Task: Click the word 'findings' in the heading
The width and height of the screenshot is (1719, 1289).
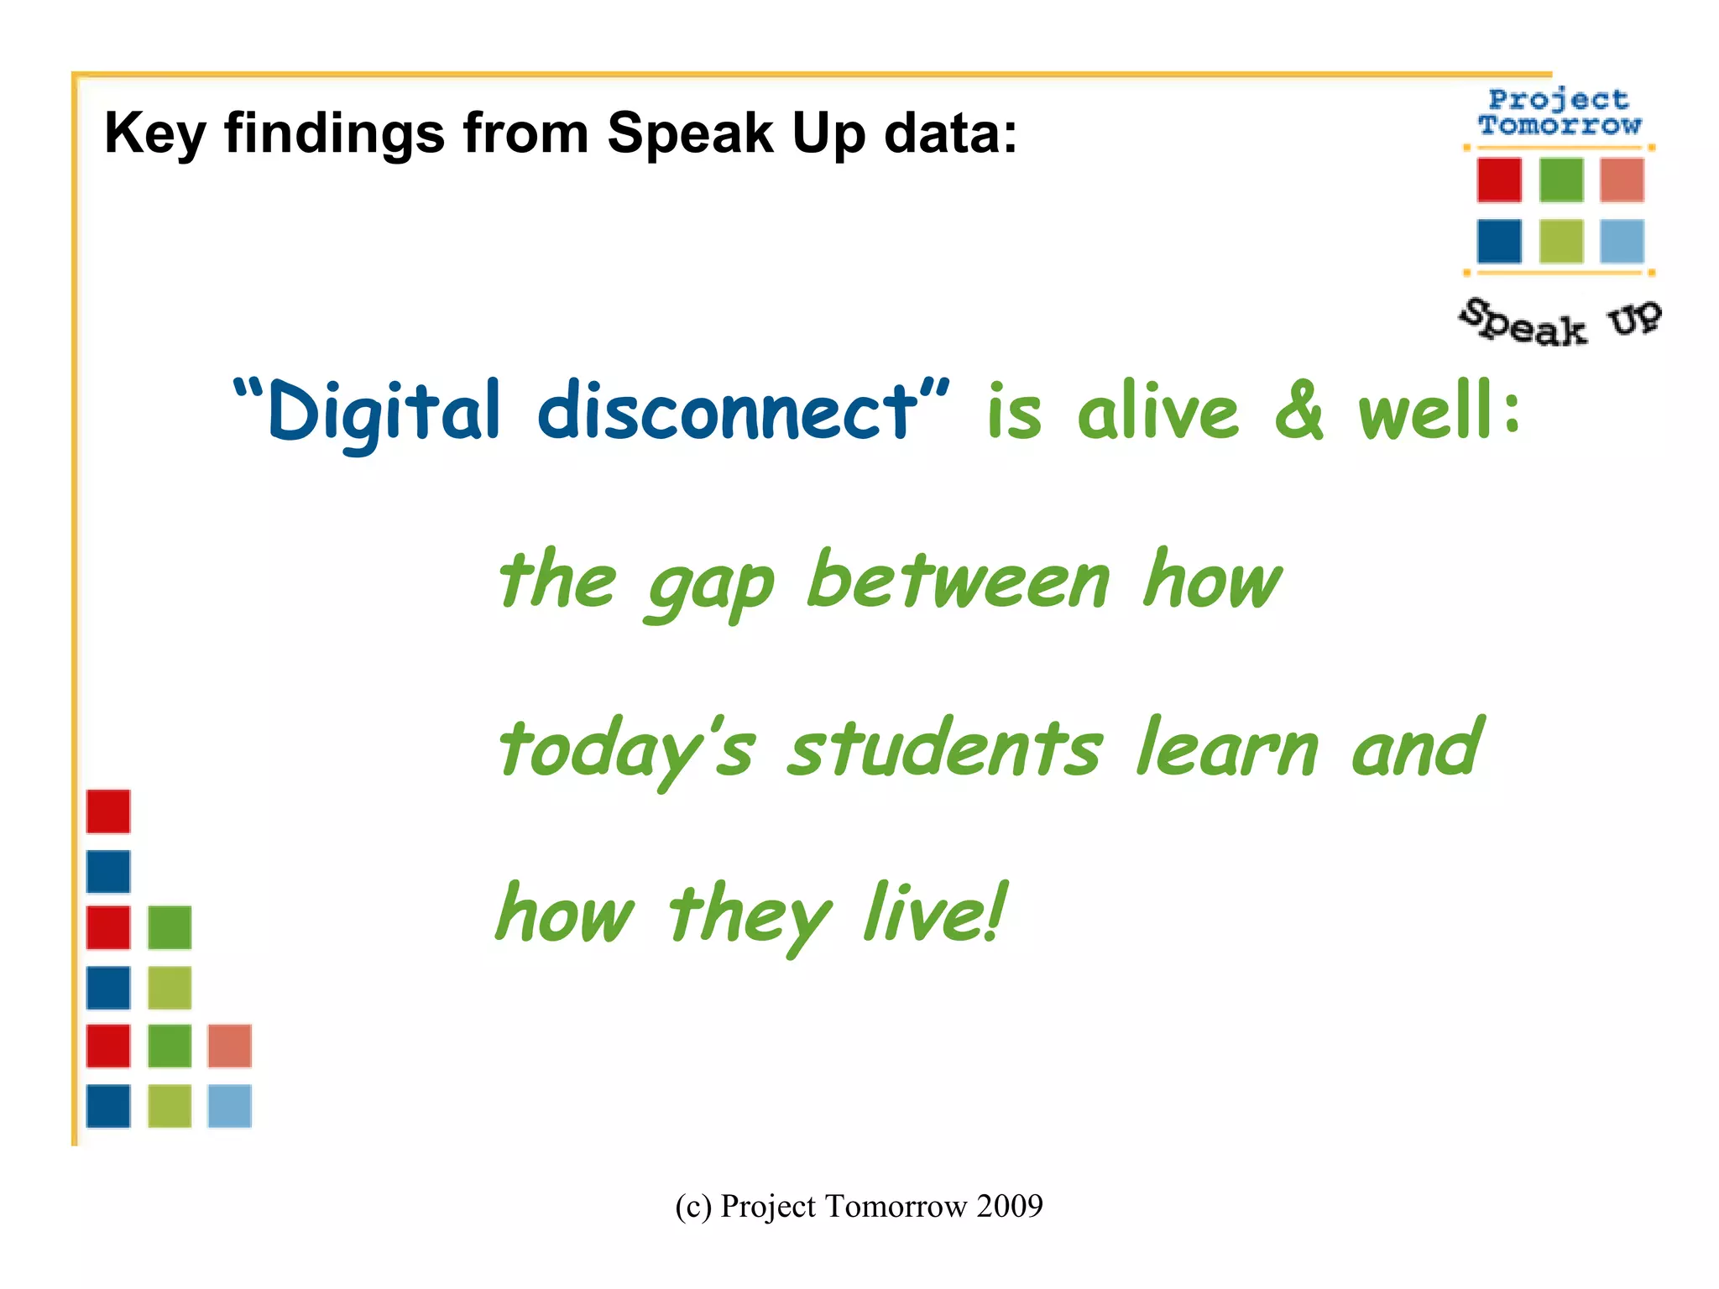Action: tap(333, 134)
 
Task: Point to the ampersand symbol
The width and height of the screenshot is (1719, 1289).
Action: tap(1298, 411)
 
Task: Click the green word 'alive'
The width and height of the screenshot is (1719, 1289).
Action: tap(1157, 411)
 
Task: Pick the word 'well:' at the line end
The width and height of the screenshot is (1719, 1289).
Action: tap(1439, 411)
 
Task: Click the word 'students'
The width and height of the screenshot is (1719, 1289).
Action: tap(943, 749)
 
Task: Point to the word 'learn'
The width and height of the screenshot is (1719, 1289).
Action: tap(1226, 749)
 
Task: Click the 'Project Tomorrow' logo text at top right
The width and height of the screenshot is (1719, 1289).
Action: tap(1560, 112)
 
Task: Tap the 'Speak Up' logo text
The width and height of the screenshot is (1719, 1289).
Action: tap(1560, 324)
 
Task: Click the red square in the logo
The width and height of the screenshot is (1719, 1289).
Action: tap(1499, 180)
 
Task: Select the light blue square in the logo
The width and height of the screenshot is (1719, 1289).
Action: tap(1622, 242)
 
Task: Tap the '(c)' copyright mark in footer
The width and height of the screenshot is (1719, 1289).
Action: tap(693, 1207)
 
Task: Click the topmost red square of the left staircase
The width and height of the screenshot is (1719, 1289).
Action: tap(108, 811)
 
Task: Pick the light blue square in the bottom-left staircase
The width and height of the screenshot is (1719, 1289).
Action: tap(229, 1106)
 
